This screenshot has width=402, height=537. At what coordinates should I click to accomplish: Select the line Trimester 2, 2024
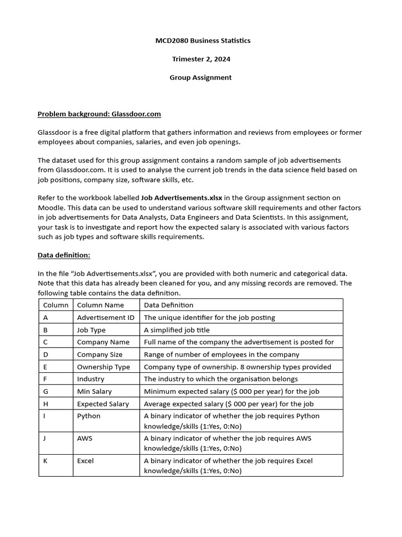pyautogui.click(x=201, y=59)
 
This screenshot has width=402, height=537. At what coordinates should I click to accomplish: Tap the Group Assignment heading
pyautogui.click(x=200, y=77)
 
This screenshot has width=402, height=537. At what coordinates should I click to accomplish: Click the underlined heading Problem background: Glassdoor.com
pyautogui.click(x=99, y=114)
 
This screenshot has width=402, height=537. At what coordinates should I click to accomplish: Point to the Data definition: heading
pyautogui.click(x=64, y=255)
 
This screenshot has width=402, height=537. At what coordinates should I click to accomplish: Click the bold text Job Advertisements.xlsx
pyautogui.click(x=182, y=198)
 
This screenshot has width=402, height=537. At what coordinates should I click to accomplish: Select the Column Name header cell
pyautogui.click(x=100, y=305)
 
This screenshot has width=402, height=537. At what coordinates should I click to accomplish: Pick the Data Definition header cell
pyautogui.click(x=169, y=305)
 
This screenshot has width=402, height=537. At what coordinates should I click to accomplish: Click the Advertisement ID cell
pyautogui.click(x=105, y=317)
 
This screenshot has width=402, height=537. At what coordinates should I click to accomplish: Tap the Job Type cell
pyautogui.click(x=91, y=330)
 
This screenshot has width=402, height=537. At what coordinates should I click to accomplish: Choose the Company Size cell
pyautogui.click(x=99, y=355)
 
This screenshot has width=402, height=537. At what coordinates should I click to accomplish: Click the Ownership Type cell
pyautogui.click(x=103, y=367)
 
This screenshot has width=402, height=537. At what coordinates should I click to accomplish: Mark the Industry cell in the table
pyautogui.click(x=91, y=379)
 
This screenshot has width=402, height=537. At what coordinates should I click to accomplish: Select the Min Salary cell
pyautogui.click(x=94, y=391)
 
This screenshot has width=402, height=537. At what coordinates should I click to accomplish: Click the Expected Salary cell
pyautogui.click(x=103, y=404)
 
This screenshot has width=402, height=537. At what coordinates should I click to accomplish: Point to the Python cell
pyautogui.click(x=88, y=416)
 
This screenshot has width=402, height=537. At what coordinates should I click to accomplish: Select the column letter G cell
pyautogui.click(x=46, y=391)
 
